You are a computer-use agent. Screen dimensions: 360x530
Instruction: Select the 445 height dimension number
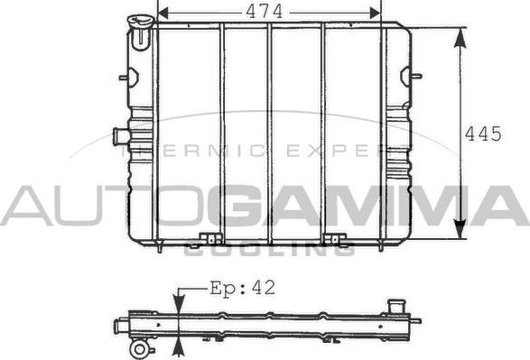tap(483, 134)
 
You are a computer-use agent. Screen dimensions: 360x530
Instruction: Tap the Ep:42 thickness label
tap(242, 288)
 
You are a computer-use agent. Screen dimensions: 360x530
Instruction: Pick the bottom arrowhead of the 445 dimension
tap(460, 229)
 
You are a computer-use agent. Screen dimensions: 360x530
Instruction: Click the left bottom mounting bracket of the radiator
tap(211, 239)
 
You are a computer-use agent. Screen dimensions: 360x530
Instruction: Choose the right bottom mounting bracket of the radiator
tap(335, 239)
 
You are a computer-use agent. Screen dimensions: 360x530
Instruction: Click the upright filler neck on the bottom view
tap(394, 307)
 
